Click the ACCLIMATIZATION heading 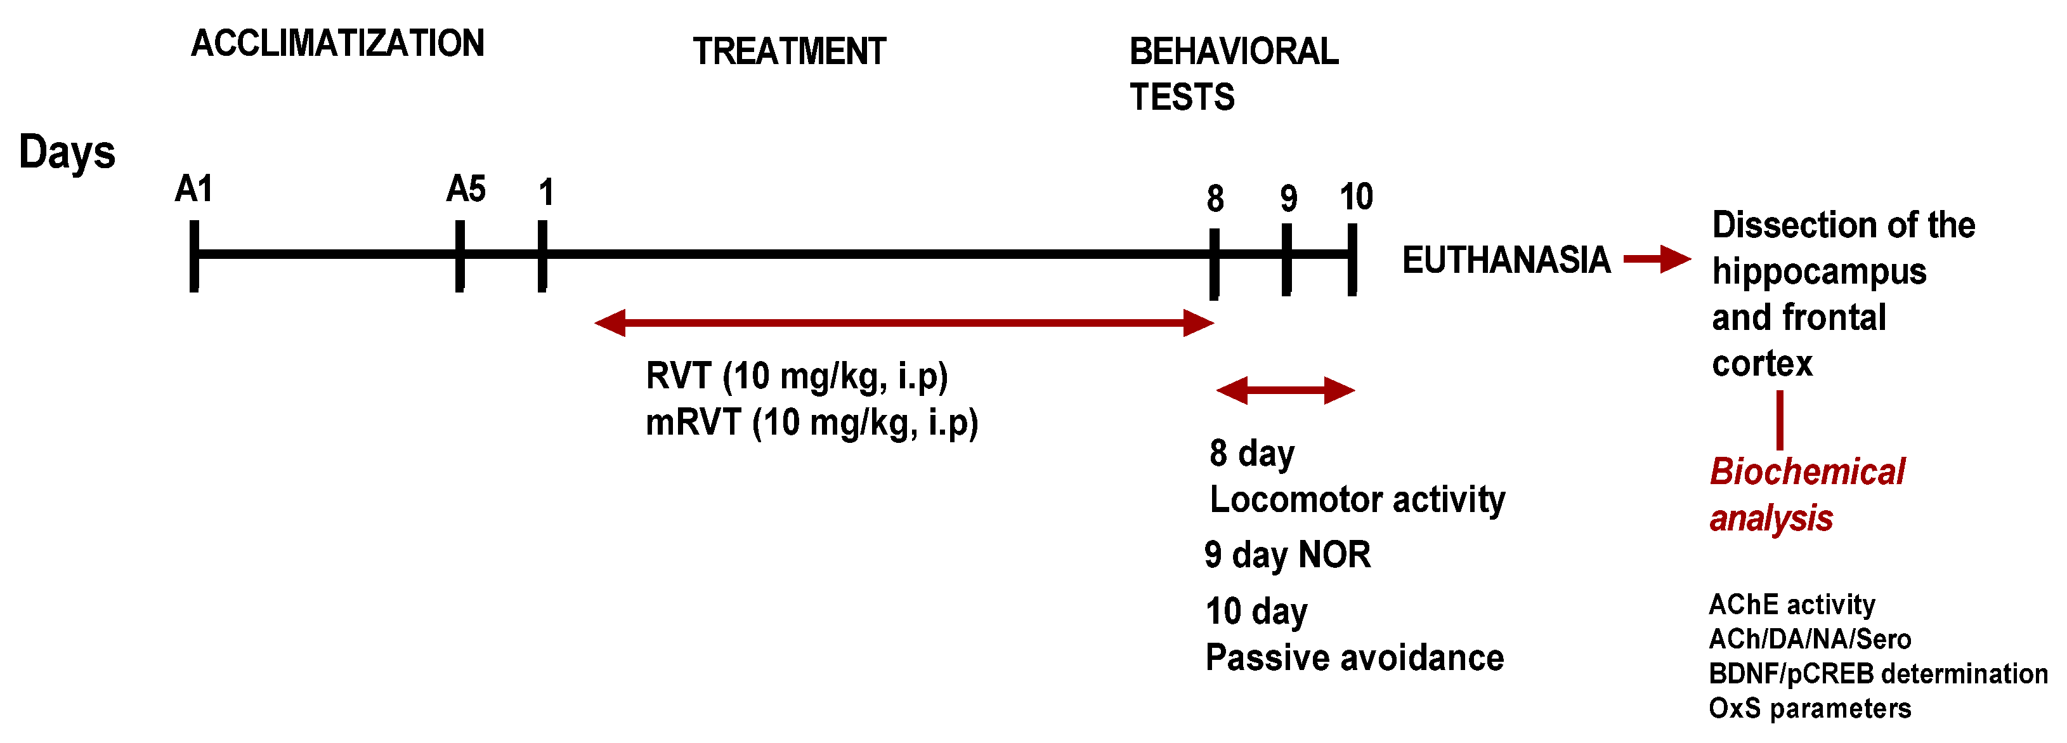(x=338, y=43)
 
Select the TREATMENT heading (x=790, y=51)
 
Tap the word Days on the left (x=67, y=152)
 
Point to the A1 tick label (x=194, y=189)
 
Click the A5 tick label (x=466, y=189)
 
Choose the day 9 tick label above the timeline (x=1289, y=198)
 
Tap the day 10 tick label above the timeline (x=1357, y=197)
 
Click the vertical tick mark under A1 (x=194, y=256)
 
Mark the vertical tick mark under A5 (x=460, y=256)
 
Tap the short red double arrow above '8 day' (x=1286, y=391)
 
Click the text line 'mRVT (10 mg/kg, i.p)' (x=812, y=423)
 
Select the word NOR (x=1334, y=555)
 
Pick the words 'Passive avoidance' (x=1355, y=658)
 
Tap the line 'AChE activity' (x=1792, y=605)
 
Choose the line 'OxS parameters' (x=1809, y=709)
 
